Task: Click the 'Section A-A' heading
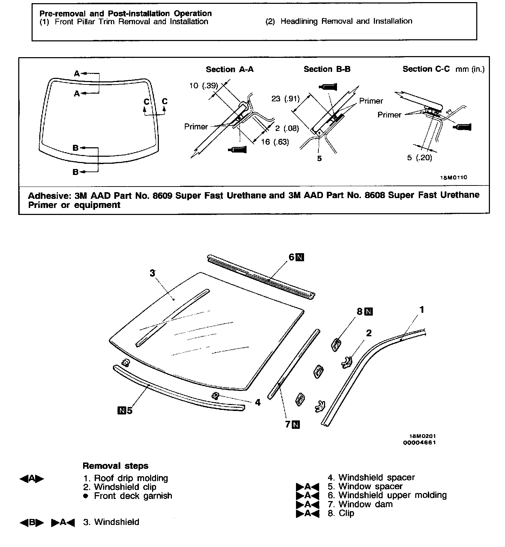click(x=229, y=69)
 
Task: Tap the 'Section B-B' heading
click(x=327, y=69)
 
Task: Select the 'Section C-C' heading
click(x=426, y=69)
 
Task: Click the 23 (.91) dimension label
click(x=285, y=99)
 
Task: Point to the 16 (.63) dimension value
click(x=275, y=142)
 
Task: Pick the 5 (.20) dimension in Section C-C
click(x=419, y=158)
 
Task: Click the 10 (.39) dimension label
click(x=203, y=86)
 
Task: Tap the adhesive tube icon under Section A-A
click(x=237, y=150)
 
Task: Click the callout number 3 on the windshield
click(x=152, y=273)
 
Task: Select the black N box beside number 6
click(x=300, y=257)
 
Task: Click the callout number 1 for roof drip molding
click(x=422, y=310)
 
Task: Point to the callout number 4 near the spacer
click(x=258, y=403)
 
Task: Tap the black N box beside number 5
click(x=122, y=410)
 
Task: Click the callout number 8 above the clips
click(x=359, y=311)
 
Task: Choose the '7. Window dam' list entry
click(x=360, y=504)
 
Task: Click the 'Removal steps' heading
click(x=115, y=466)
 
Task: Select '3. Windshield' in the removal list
click(x=111, y=522)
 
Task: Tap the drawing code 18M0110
click(x=453, y=177)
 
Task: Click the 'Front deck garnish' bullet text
click(x=133, y=496)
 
